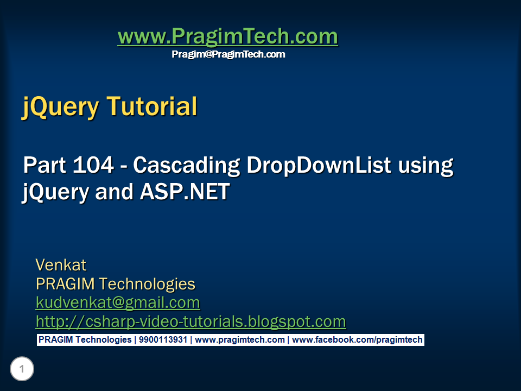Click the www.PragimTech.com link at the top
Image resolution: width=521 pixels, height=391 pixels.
point(228,36)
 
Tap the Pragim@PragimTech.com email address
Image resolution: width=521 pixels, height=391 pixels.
point(228,54)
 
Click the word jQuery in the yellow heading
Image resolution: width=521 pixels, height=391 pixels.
point(60,107)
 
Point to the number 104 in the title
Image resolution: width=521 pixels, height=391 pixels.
point(93,165)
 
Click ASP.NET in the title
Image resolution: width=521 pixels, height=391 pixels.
point(185,192)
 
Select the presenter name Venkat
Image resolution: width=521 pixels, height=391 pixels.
point(61,265)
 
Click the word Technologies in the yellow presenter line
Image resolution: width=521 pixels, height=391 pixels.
point(147,284)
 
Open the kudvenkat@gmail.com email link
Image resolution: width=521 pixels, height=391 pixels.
point(118,303)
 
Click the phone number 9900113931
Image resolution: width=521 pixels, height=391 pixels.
point(163,340)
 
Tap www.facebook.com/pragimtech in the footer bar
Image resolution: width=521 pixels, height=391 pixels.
point(357,340)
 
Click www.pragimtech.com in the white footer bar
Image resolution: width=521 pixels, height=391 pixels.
point(239,340)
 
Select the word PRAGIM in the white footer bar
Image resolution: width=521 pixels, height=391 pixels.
point(55,340)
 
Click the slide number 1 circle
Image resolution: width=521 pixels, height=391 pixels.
point(22,369)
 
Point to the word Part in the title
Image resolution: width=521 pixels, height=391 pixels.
point(45,165)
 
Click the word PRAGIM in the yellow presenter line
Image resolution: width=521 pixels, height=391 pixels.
point(65,284)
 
